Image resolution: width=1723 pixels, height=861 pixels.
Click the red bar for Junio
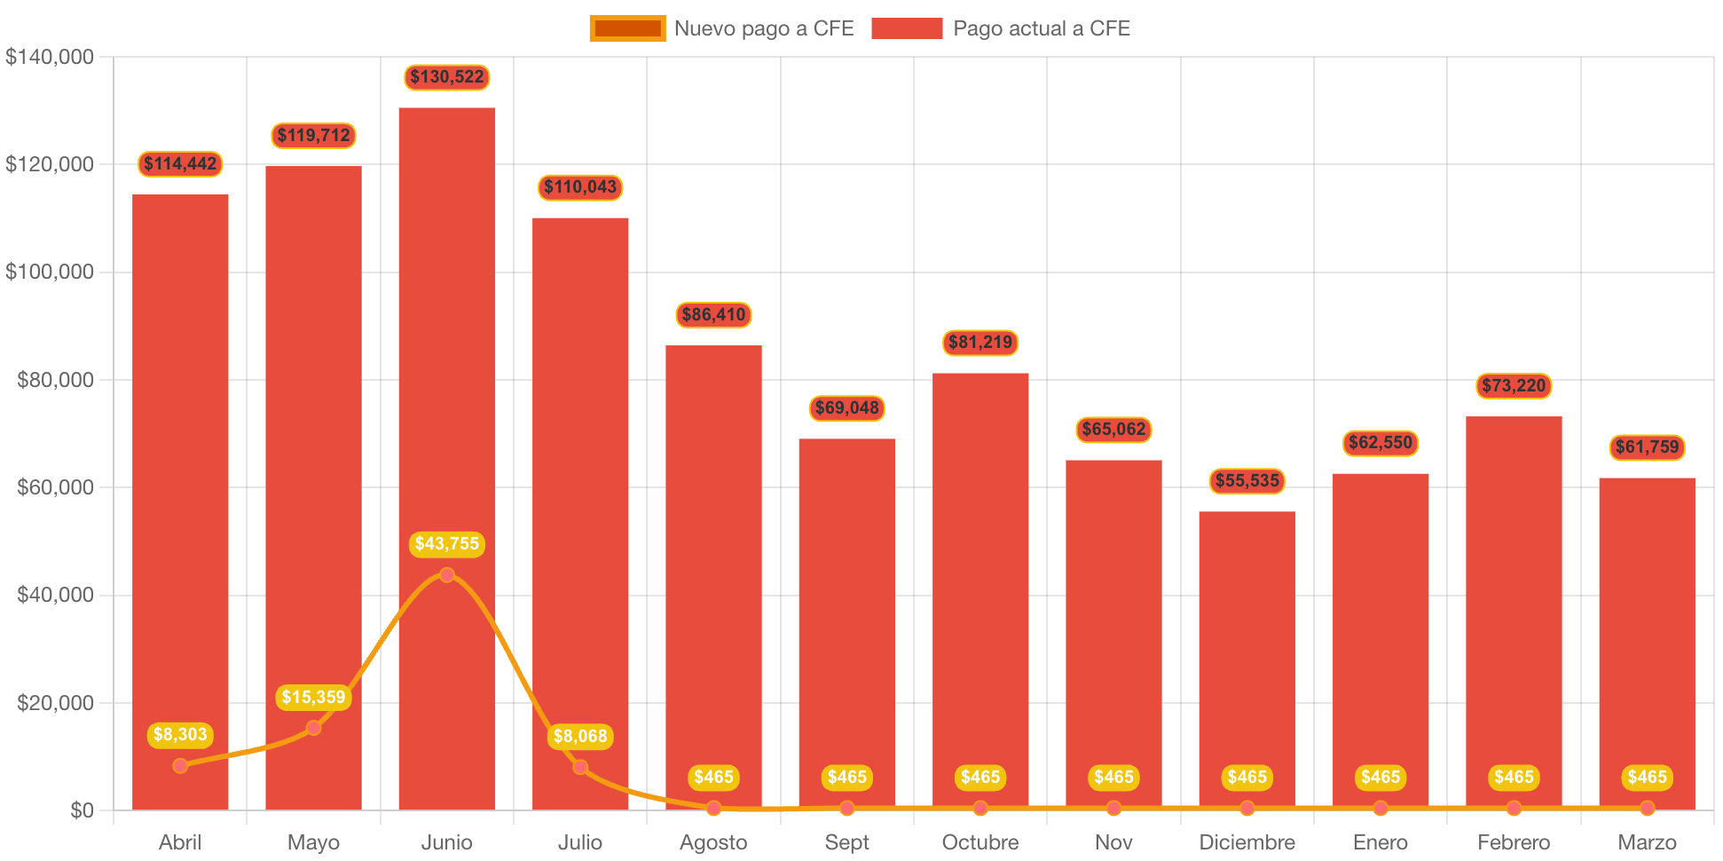click(x=446, y=355)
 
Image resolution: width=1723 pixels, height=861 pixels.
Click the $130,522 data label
click(x=447, y=77)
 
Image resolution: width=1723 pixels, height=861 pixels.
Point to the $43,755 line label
click(x=447, y=544)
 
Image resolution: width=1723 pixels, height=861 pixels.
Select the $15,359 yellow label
click(x=313, y=698)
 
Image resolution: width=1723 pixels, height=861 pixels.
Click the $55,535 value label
click(x=1247, y=481)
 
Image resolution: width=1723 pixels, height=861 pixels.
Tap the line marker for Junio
click(x=447, y=575)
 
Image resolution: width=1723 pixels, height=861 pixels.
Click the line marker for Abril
click(x=180, y=765)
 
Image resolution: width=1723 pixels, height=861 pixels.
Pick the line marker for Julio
click(x=580, y=767)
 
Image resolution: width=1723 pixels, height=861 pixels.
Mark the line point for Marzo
click(x=1647, y=808)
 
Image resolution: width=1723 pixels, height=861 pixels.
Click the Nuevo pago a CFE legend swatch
click(x=627, y=28)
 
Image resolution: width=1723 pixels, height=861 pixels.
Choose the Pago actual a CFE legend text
click(x=1042, y=28)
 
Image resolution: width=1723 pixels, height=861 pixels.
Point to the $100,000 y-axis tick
click(x=50, y=272)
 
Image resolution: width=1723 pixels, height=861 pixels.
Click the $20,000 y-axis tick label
click(x=55, y=703)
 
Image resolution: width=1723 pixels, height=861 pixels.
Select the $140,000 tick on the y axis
click(x=50, y=57)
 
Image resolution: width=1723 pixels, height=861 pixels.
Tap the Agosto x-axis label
click(x=713, y=842)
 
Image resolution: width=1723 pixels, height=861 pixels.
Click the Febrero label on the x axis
click(x=1514, y=842)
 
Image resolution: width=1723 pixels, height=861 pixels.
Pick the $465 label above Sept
click(x=846, y=778)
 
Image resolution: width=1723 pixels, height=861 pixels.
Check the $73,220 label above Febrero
click(x=1514, y=385)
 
